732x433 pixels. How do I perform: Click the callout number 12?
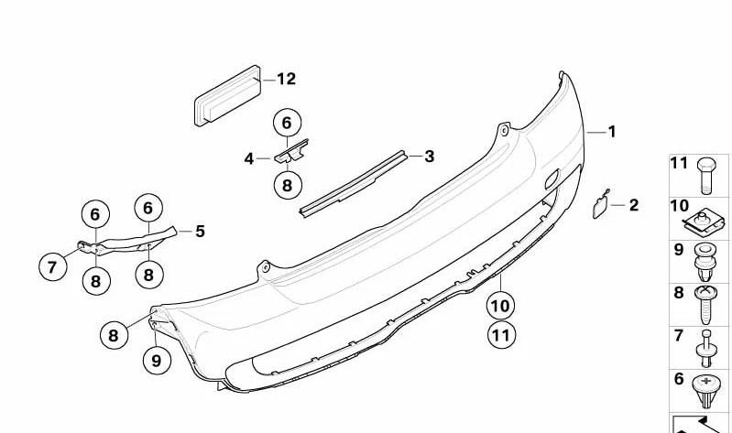[x=286, y=79]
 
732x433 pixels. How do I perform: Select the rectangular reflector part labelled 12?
[x=228, y=95]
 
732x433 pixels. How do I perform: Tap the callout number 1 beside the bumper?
[x=612, y=132]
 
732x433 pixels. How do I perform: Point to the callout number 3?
[x=430, y=157]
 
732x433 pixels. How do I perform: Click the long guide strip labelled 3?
[x=353, y=184]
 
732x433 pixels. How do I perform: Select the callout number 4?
[x=249, y=158]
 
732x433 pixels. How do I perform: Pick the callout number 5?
[x=200, y=231]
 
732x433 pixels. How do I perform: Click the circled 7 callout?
[x=52, y=267]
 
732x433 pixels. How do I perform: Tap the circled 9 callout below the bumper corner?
[x=157, y=360]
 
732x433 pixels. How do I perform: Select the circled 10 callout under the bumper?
[x=500, y=306]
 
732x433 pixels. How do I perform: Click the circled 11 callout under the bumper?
[x=501, y=335]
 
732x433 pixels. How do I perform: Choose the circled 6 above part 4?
[x=287, y=123]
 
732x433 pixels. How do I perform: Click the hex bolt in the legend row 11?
[x=705, y=176]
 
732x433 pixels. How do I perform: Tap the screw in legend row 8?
[x=705, y=304]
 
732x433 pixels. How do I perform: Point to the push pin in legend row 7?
[x=705, y=349]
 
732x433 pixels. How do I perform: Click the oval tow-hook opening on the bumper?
[x=552, y=179]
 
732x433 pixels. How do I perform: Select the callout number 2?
[x=633, y=205]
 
